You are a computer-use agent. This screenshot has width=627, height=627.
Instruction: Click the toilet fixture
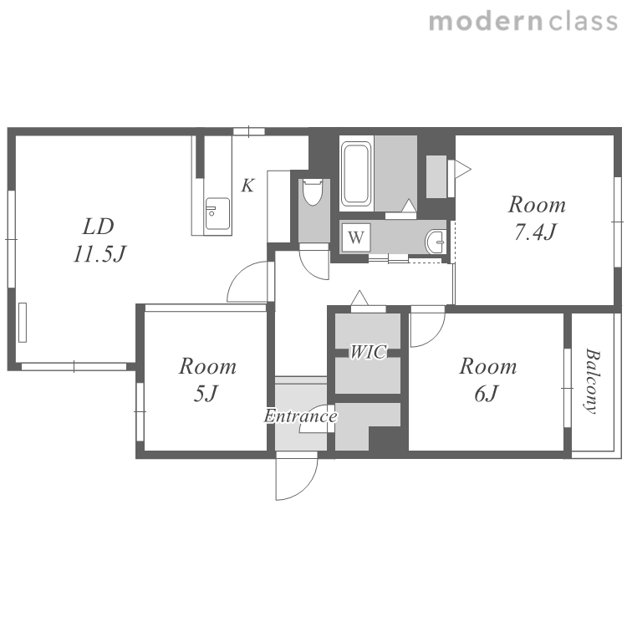(x=313, y=192)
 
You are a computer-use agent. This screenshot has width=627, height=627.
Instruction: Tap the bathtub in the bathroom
(x=356, y=173)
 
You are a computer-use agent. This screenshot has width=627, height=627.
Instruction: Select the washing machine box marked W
(x=356, y=237)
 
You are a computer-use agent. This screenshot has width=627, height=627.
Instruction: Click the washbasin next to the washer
(x=435, y=242)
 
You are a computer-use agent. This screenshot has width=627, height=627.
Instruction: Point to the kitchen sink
(x=217, y=213)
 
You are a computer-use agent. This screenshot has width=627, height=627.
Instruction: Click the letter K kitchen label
(x=247, y=186)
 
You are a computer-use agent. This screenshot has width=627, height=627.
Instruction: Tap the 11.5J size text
(x=99, y=254)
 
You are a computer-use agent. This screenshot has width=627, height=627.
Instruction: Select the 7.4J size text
(x=535, y=232)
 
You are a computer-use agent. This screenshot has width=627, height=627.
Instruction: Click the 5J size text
(x=206, y=394)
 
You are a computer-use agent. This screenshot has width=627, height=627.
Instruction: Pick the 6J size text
(x=487, y=394)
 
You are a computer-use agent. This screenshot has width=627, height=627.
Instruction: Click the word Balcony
(x=592, y=380)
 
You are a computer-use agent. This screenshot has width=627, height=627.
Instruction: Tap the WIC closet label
(x=369, y=352)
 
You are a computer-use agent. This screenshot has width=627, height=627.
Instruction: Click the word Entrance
(x=300, y=416)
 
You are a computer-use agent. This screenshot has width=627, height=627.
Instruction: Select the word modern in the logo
(x=486, y=22)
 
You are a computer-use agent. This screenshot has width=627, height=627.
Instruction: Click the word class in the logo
(x=583, y=22)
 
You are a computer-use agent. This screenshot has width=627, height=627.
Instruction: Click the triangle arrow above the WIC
(x=359, y=298)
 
